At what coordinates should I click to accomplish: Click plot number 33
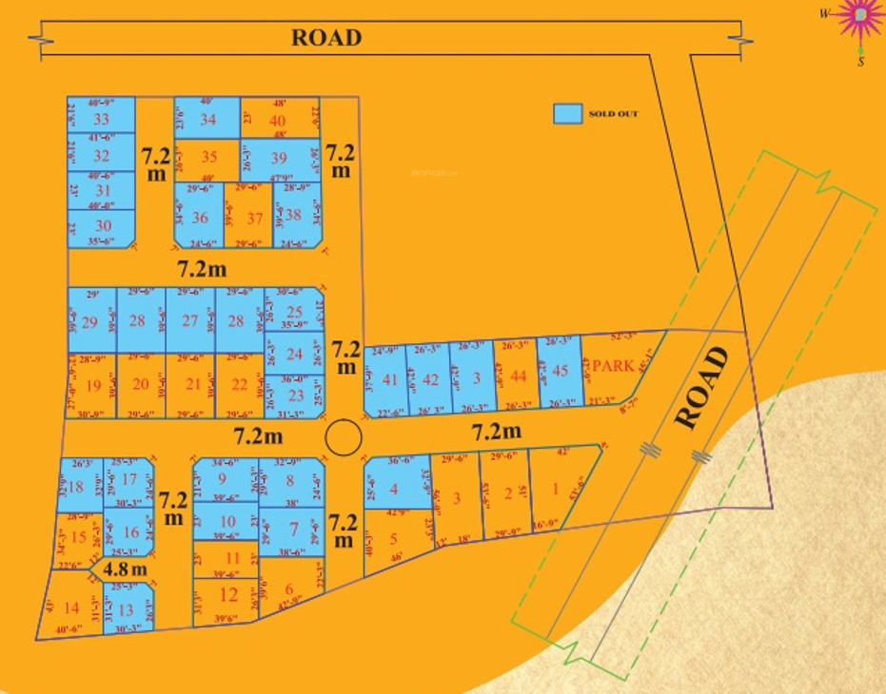[101, 119]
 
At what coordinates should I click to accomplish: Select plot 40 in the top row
[278, 121]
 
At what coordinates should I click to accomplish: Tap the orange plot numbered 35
[209, 158]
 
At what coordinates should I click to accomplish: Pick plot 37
[254, 218]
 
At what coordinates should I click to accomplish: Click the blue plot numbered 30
[103, 225]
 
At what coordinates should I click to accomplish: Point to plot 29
[90, 321]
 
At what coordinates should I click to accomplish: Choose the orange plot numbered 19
[92, 385]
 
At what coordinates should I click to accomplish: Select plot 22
[240, 384]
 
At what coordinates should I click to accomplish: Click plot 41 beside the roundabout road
[389, 379]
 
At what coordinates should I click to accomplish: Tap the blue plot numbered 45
[560, 372]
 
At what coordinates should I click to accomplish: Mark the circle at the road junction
[343, 438]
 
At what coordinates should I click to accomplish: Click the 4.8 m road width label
[126, 569]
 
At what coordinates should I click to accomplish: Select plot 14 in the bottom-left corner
[71, 608]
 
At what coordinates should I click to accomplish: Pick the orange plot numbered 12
[228, 596]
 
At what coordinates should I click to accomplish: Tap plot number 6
[289, 588]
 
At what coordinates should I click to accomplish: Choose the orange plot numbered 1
[556, 491]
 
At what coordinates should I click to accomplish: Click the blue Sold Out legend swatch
[567, 113]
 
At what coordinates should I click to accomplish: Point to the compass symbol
[861, 16]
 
